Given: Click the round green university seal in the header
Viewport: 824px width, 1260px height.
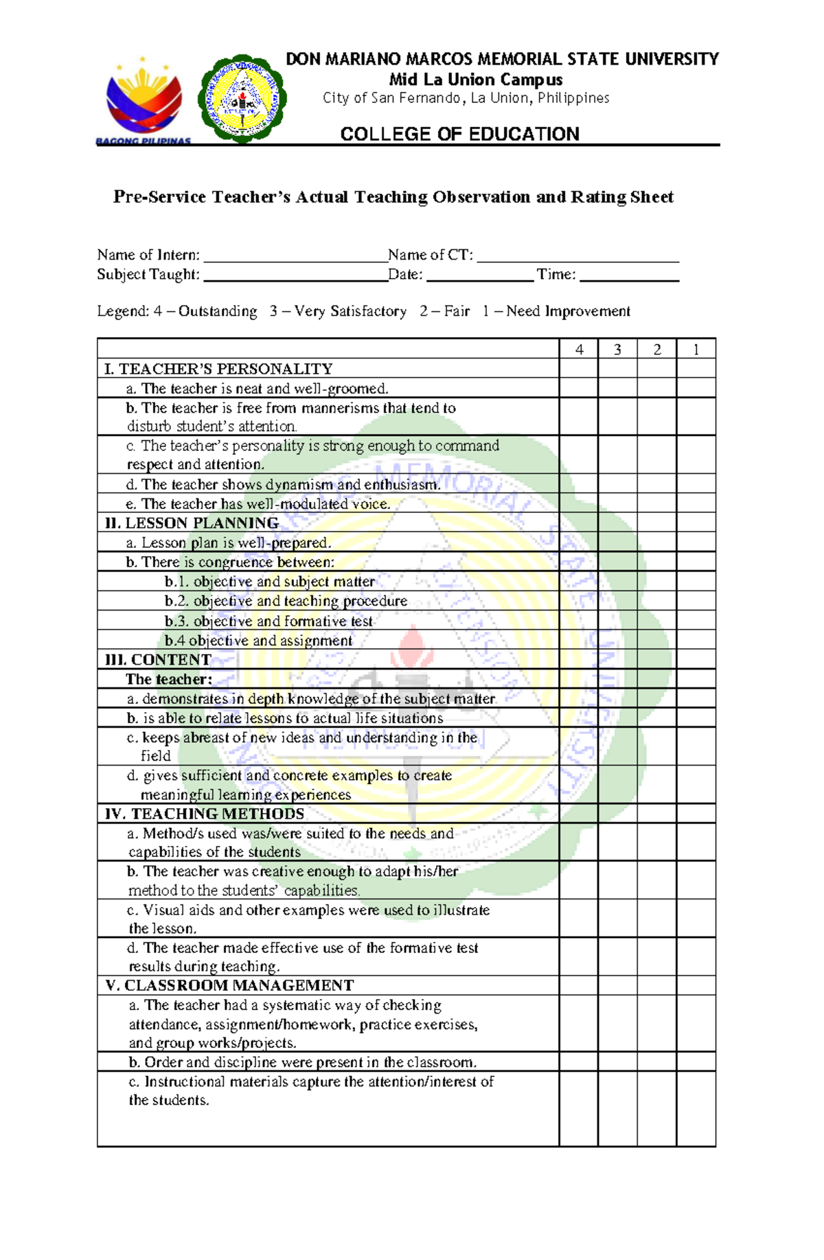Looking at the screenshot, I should [242, 98].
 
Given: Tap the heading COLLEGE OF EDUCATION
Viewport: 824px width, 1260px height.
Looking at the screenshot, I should [459, 134].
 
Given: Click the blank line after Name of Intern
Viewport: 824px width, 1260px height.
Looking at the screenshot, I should [296, 257].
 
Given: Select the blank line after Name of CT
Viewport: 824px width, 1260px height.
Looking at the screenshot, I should [577, 257].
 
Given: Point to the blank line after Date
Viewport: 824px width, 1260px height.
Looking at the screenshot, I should [480, 276].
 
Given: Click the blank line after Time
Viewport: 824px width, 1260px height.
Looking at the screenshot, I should [629, 276].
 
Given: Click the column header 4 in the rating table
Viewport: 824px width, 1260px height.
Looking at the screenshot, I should [579, 350].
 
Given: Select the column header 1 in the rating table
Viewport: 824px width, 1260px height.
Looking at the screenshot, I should [696, 350].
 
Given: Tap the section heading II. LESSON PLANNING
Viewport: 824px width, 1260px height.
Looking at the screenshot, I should [192, 523].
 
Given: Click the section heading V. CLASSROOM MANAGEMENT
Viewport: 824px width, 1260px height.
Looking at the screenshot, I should [229, 986].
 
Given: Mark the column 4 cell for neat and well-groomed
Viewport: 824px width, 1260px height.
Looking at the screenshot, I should [579, 389].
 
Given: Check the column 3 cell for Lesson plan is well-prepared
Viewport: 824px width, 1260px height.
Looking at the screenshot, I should [617, 542].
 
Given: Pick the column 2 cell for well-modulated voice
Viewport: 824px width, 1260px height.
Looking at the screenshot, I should [656, 503].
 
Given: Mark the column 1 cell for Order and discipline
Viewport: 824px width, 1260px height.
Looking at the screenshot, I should [696, 1062].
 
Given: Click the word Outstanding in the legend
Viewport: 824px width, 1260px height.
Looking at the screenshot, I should [218, 312].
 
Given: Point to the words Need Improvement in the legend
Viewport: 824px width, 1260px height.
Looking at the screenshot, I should [568, 312].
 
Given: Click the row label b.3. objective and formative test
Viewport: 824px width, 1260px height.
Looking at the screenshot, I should [268, 621].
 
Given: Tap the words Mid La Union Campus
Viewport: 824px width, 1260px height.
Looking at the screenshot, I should [476, 80].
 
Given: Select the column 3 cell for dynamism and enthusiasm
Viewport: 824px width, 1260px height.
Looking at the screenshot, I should [617, 484].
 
